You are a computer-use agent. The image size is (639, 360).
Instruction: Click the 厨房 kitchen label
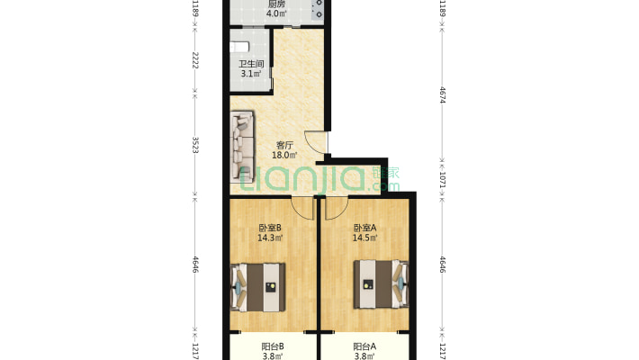pyautogui.click(x=276, y=4)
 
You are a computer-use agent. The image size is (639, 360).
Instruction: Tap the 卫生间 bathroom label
pyautogui.click(x=251, y=64)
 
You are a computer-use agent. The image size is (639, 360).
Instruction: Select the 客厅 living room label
pyautogui.click(x=284, y=145)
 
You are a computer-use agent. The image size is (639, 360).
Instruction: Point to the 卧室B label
pyautogui.click(x=270, y=228)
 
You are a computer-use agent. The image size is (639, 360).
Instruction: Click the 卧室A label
pyautogui.click(x=364, y=228)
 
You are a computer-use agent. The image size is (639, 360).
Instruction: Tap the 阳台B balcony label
pyautogui.click(x=272, y=347)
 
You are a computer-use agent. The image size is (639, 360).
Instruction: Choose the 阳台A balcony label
pyautogui.click(x=364, y=347)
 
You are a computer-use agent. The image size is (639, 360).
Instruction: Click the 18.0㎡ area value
pyautogui.click(x=284, y=155)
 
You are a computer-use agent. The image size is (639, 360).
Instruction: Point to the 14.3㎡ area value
pyautogui.click(x=270, y=238)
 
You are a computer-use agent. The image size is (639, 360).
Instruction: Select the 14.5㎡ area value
pyautogui.click(x=364, y=238)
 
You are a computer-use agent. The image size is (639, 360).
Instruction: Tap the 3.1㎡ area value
pyautogui.click(x=251, y=74)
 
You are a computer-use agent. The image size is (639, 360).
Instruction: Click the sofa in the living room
pyautogui.click(x=242, y=147)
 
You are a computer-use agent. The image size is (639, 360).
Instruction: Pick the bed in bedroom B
pyautogui.click(x=257, y=287)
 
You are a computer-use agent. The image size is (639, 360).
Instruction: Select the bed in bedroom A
pyautogui.click(x=381, y=284)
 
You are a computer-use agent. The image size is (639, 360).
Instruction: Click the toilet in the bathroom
pyautogui.click(x=239, y=47)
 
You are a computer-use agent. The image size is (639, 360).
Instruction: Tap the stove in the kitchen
pyautogui.click(x=318, y=9)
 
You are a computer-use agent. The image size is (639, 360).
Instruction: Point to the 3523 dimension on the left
pyautogui.click(x=195, y=145)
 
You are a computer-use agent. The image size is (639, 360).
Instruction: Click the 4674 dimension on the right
pyautogui.click(x=443, y=95)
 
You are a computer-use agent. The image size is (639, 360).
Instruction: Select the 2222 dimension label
pyautogui.click(x=195, y=60)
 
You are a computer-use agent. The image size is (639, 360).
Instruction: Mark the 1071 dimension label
pyautogui.click(x=443, y=179)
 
